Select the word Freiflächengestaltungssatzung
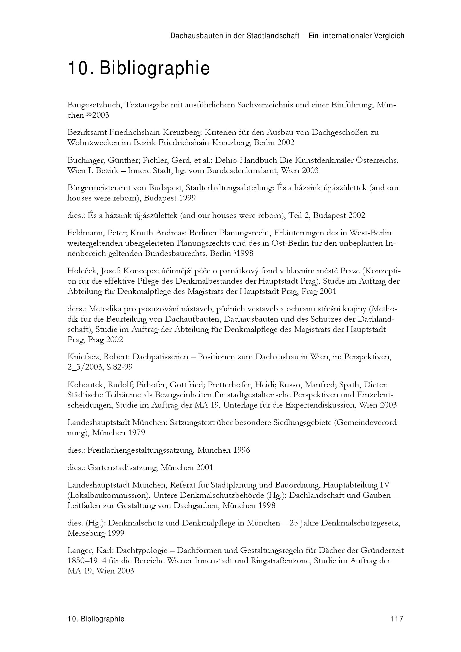141,450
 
